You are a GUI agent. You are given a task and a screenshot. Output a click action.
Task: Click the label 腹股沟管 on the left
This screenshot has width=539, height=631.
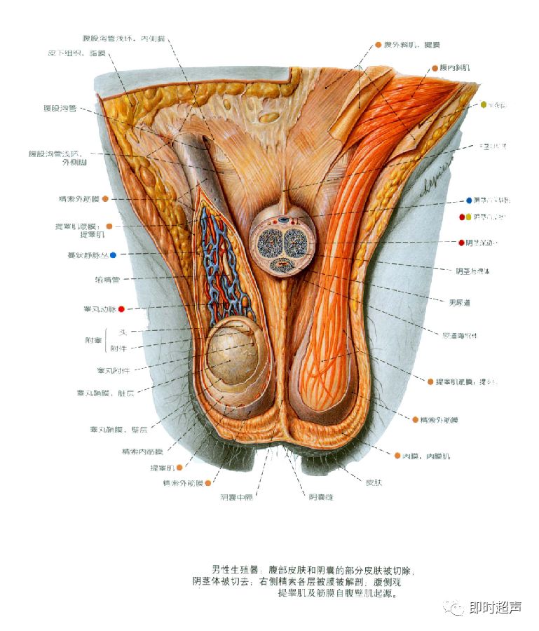pos(61,108)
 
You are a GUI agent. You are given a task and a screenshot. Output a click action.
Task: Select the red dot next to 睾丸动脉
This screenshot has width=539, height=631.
pos(121,308)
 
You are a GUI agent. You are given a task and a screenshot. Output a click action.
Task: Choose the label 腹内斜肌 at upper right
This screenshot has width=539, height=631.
pos(455,68)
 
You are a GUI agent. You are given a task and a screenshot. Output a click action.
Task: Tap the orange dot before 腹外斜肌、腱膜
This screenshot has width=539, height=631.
pos(378,44)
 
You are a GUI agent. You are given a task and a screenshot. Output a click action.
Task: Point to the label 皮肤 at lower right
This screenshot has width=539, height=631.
pos(374,482)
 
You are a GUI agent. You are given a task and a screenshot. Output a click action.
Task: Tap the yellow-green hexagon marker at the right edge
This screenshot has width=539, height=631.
pos(483,105)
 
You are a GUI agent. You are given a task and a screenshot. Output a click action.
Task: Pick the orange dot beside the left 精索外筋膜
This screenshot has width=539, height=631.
pos(104,199)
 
